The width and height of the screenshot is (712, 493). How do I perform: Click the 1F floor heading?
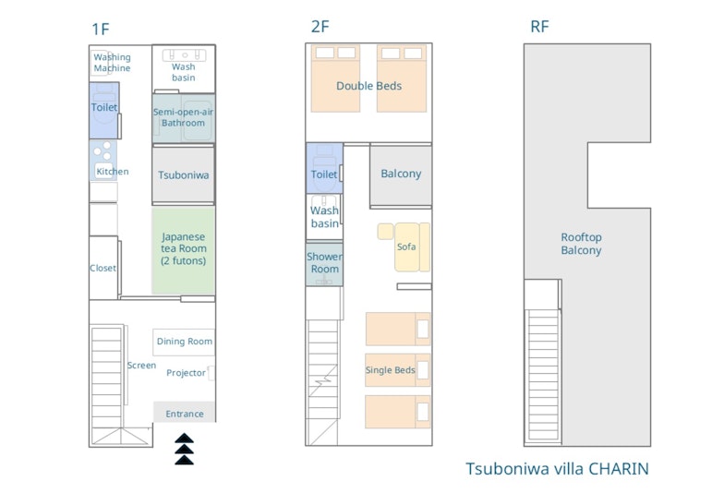pos(101,29)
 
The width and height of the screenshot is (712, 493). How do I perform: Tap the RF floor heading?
pos(539,27)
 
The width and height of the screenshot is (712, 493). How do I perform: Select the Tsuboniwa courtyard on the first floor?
pos(184,174)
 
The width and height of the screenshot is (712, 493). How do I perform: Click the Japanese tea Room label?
pos(184,248)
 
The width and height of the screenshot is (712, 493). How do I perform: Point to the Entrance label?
pos(185,414)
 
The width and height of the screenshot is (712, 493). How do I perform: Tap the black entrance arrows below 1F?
pos(185,450)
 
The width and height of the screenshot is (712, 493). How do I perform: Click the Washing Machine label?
pos(112,63)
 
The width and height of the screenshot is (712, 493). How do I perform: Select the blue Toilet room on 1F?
pos(104,110)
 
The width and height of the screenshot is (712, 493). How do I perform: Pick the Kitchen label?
pos(112,171)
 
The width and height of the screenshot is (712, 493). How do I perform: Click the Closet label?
pos(103,268)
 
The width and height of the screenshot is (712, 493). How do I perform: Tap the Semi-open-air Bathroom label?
pos(183,117)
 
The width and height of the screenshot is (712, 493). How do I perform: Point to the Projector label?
pos(186,373)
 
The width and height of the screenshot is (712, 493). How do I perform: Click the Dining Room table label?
pos(185,342)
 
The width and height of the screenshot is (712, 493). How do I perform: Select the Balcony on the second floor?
pos(401,174)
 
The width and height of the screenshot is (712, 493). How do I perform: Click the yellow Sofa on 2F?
pos(404,246)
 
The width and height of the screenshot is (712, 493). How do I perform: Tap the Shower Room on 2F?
pos(324,264)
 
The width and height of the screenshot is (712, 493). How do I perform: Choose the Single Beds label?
pos(390,370)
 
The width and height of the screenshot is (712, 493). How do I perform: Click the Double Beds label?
pos(368,86)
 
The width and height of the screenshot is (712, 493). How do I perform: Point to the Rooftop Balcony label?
pos(581,244)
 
